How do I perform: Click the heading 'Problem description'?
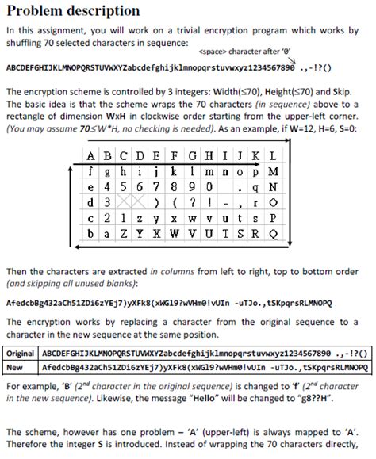[73, 11]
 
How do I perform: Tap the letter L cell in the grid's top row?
[273, 155]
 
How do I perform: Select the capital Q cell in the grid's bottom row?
[273, 234]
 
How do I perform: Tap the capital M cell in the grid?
[273, 170]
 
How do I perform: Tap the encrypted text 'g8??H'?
[310, 398]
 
